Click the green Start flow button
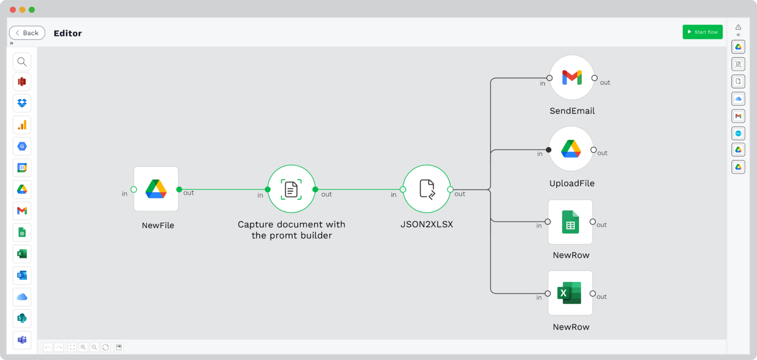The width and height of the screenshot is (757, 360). coord(702,32)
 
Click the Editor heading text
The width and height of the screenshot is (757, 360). coord(68,33)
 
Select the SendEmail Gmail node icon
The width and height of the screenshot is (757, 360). coord(572,77)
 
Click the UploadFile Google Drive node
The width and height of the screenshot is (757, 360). coord(571,149)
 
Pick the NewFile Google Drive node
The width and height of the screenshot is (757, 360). coord(156,189)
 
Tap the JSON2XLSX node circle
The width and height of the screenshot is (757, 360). coord(426,189)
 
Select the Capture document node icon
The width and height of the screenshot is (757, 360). coord(291,189)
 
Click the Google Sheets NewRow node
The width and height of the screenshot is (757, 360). coord(570,222)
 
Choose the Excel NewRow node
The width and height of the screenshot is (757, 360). coord(570,293)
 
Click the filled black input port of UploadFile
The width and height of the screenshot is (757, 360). coord(549,149)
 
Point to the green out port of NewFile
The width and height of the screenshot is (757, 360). coord(179,189)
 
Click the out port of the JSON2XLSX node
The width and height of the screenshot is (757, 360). coord(450,189)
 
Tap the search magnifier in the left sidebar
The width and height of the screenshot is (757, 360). coord(22,62)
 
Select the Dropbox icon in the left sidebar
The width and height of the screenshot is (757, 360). coord(22,103)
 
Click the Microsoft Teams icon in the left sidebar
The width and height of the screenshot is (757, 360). coord(22,340)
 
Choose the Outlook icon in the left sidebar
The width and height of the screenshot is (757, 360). coord(22,275)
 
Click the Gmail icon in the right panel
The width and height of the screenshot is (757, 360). coord(738,116)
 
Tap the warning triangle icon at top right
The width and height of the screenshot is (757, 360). coord(738,27)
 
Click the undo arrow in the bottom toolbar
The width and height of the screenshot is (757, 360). coord(48,347)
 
